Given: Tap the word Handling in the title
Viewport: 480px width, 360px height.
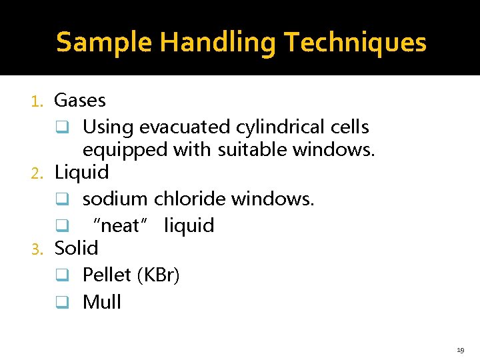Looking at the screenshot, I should coord(218,43).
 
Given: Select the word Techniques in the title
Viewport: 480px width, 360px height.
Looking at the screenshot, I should coord(354,43).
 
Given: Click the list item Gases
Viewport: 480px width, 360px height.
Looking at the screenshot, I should coord(79,101).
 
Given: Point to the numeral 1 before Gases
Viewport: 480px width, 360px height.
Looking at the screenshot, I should coord(37,101).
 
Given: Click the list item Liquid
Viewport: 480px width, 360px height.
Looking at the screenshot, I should coord(81,173).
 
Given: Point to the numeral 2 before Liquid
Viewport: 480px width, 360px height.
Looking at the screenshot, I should coord(37,173).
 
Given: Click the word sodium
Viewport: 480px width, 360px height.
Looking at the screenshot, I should coord(115,199).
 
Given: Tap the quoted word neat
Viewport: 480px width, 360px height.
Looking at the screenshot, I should coord(121,226).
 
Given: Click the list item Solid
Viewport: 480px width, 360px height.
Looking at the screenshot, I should coord(76,248).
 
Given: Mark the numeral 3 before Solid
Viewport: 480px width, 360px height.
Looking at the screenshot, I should coord(37,249).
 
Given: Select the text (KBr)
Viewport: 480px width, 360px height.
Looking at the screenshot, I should coord(158,275).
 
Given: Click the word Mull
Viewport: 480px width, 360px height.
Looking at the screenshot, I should coord(101,302).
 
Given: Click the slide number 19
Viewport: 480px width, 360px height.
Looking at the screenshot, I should coord(461,349).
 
